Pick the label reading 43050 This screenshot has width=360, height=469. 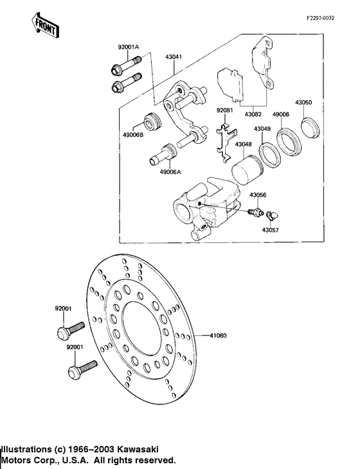303,102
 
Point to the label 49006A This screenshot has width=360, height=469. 170,172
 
